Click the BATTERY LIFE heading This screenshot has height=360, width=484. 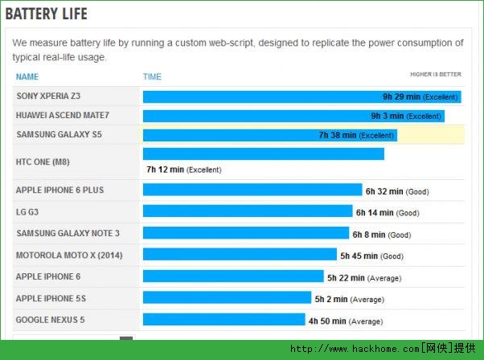(46, 14)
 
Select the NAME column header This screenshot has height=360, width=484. (27, 77)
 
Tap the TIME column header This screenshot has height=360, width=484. (152, 77)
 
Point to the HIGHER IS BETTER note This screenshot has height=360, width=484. (435, 75)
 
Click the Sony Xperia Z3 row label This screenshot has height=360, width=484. (48, 96)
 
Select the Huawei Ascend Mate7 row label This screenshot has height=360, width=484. (62, 116)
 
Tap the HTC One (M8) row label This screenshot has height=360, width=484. (43, 162)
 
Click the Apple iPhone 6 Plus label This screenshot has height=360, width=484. (59, 190)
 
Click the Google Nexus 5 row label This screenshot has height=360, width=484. (50, 320)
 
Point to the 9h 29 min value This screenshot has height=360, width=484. (401, 97)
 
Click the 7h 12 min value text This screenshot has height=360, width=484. (166, 170)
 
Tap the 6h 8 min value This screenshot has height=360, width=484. (368, 235)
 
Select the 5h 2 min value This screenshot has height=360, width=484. (331, 299)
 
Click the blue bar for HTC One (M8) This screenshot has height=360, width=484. (263, 153)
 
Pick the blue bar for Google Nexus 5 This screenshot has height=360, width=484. (224, 320)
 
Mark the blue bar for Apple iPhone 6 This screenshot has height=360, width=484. (233, 277)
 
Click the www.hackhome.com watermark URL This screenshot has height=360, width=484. (354, 350)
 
